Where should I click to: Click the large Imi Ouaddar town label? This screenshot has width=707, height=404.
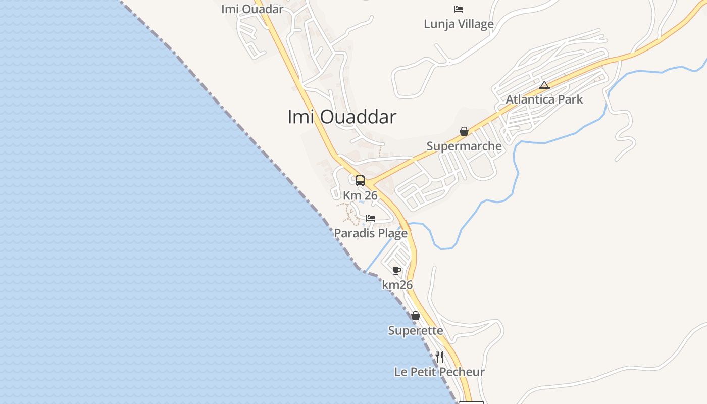click(341, 117)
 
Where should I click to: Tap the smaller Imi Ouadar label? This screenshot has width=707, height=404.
click(252, 9)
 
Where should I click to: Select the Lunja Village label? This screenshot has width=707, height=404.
click(459, 24)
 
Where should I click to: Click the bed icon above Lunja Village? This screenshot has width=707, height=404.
click(459, 9)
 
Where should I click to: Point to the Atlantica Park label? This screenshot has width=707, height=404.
click(544, 99)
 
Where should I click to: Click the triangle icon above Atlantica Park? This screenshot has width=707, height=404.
click(544, 85)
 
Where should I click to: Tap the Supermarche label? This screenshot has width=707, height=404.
click(464, 146)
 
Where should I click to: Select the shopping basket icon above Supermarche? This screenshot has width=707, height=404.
click(464, 131)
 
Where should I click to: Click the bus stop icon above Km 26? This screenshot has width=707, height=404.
click(360, 180)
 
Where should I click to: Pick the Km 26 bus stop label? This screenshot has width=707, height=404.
click(360, 195)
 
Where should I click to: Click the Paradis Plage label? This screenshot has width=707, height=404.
click(371, 233)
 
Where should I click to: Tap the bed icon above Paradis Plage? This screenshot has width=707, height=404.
click(371, 218)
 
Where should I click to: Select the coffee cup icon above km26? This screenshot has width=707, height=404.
click(397, 270)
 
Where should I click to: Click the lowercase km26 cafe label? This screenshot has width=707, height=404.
click(397, 285)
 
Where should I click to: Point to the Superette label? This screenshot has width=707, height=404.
click(415, 331)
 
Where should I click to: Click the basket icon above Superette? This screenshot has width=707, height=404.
click(415, 316)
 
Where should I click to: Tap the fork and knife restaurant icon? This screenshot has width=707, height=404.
click(439, 357)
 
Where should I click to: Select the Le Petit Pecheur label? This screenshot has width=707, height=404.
click(439, 372)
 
